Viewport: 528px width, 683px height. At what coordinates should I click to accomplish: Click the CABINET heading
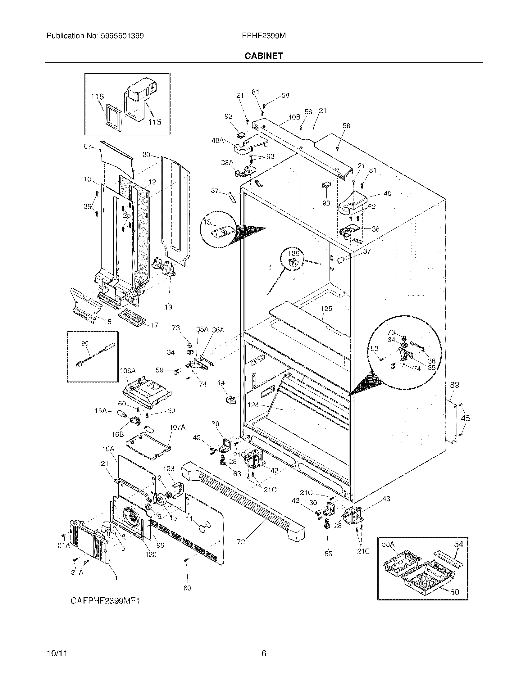263,56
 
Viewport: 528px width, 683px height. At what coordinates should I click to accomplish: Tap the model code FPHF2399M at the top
263,36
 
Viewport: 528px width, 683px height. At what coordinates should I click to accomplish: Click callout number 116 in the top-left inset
97,97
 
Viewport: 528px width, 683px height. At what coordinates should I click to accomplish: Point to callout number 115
155,122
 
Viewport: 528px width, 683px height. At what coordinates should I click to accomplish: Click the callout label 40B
294,117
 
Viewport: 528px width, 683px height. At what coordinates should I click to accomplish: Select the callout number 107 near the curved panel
85,146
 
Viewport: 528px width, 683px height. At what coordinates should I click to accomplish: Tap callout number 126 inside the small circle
294,253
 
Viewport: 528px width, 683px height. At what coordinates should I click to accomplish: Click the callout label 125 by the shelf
326,309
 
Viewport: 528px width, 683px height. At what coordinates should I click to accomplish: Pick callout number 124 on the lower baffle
253,405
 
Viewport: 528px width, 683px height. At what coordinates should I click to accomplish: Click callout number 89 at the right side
454,385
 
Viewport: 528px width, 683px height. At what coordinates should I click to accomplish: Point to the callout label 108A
128,371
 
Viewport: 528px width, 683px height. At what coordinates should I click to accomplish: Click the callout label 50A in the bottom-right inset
388,544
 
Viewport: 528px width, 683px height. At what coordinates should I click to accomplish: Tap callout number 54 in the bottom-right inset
458,544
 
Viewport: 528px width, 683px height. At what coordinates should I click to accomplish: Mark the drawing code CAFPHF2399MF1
105,600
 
